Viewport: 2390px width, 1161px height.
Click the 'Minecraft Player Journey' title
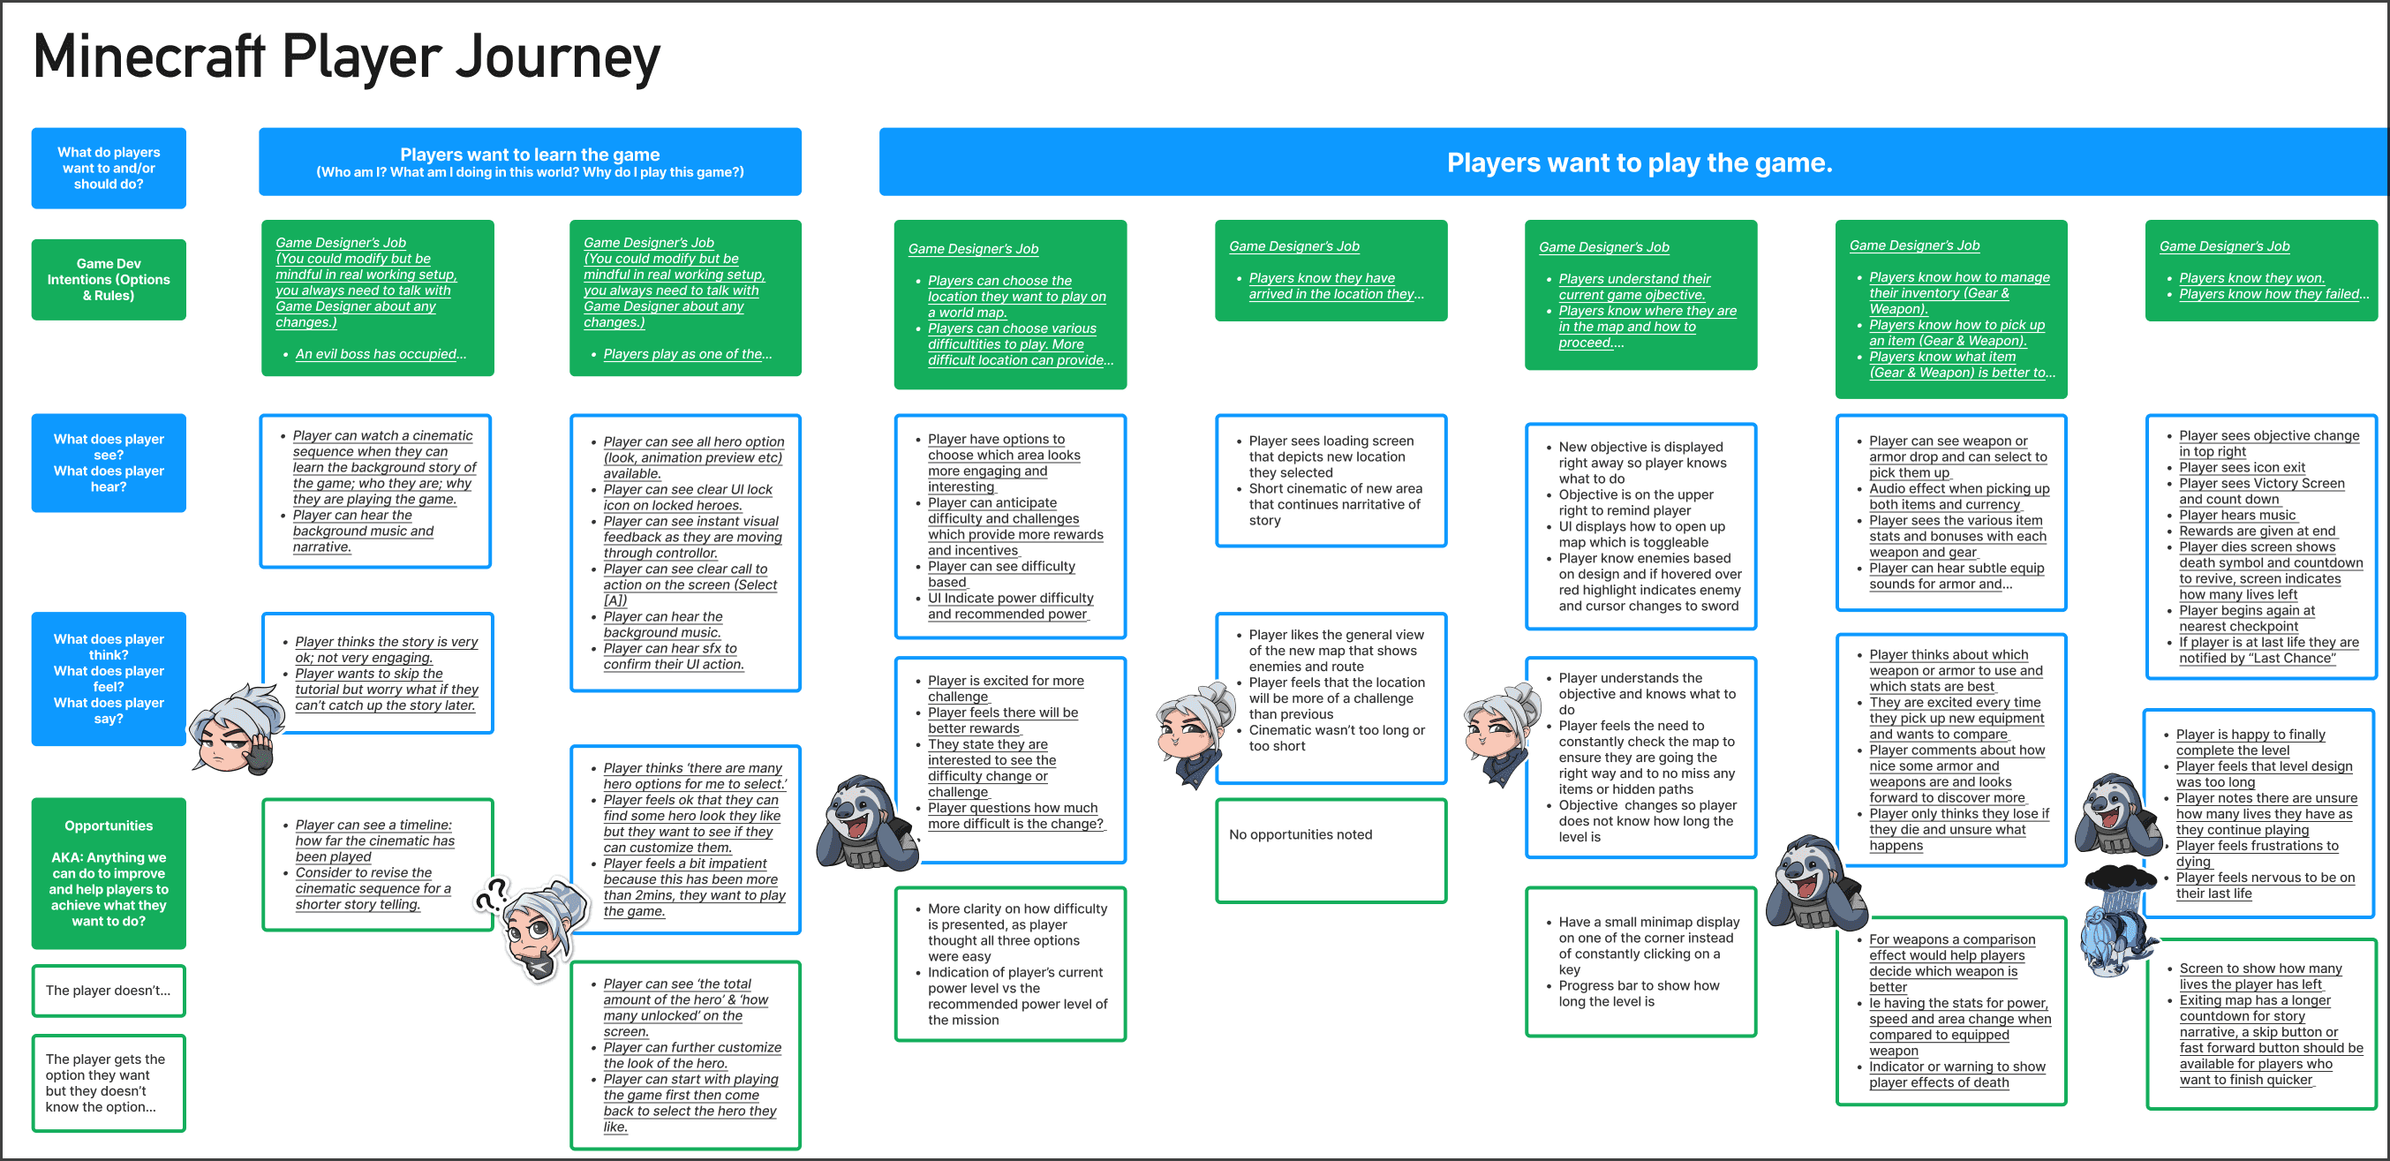(346, 57)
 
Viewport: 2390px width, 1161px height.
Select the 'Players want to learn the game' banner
(530, 162)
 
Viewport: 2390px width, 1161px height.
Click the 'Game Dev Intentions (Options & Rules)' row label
(109, 279)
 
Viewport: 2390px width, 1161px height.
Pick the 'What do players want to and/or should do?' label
(109, 168)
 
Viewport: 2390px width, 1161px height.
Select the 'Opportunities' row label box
(109, 872)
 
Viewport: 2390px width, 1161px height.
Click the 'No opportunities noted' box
(1331, 850)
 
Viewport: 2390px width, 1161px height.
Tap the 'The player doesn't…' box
(109, 991)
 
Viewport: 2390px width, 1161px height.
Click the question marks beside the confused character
(491, 894)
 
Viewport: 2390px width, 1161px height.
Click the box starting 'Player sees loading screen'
(1331, 479)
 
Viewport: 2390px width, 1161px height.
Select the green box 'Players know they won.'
(2260, 270)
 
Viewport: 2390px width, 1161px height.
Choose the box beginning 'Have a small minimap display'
(1640, 961)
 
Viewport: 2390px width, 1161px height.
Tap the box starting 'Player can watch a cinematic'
(376, 490)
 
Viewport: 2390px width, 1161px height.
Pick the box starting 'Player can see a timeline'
(377, 864)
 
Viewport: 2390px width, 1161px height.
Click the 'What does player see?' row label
(109, 462)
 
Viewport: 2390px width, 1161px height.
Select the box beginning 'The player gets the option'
(109, 1083)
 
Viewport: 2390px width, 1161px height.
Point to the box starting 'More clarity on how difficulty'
(1010, 963)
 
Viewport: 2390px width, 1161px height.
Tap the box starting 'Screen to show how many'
(2260, 1022)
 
